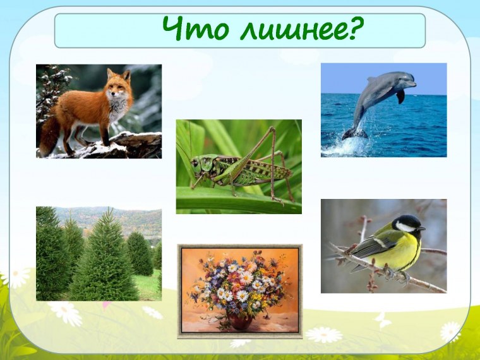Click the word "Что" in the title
tap(186, 28)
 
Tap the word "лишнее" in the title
tap(284, 30)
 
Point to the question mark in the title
tap(357, 28)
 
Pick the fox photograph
tap(99, 111)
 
